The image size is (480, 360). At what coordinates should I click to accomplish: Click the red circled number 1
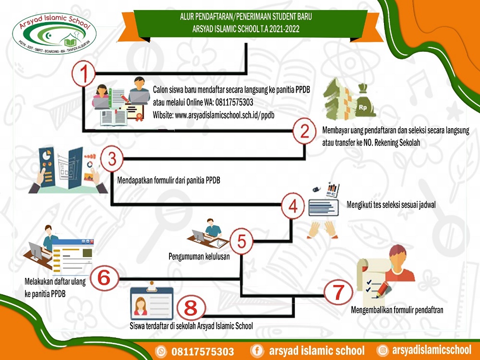(84, 73)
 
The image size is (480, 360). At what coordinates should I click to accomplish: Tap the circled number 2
(304, 131)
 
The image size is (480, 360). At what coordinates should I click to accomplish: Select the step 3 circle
(112, 159)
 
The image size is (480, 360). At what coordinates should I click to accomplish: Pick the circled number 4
(293, 206)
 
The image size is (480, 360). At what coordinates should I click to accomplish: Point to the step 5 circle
(241, 241)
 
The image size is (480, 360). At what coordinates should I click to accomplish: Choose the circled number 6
(104, 278)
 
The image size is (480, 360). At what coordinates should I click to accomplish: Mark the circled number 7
(338, 292)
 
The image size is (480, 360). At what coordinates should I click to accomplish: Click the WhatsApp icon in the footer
(161, 351)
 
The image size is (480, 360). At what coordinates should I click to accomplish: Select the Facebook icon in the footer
(257, 350)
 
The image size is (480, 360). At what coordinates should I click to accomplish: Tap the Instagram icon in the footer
(382, 350)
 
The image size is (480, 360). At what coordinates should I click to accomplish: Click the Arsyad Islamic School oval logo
(55, 34)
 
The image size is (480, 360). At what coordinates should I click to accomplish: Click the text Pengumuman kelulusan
(199, 256)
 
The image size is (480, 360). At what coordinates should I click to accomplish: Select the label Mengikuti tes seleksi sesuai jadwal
(391, 205)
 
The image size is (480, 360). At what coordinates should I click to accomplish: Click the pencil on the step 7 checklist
(384, 289)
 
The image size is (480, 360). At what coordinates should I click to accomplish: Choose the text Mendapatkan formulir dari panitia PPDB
(168, 180)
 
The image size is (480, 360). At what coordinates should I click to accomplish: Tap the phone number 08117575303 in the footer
(203, 351)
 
